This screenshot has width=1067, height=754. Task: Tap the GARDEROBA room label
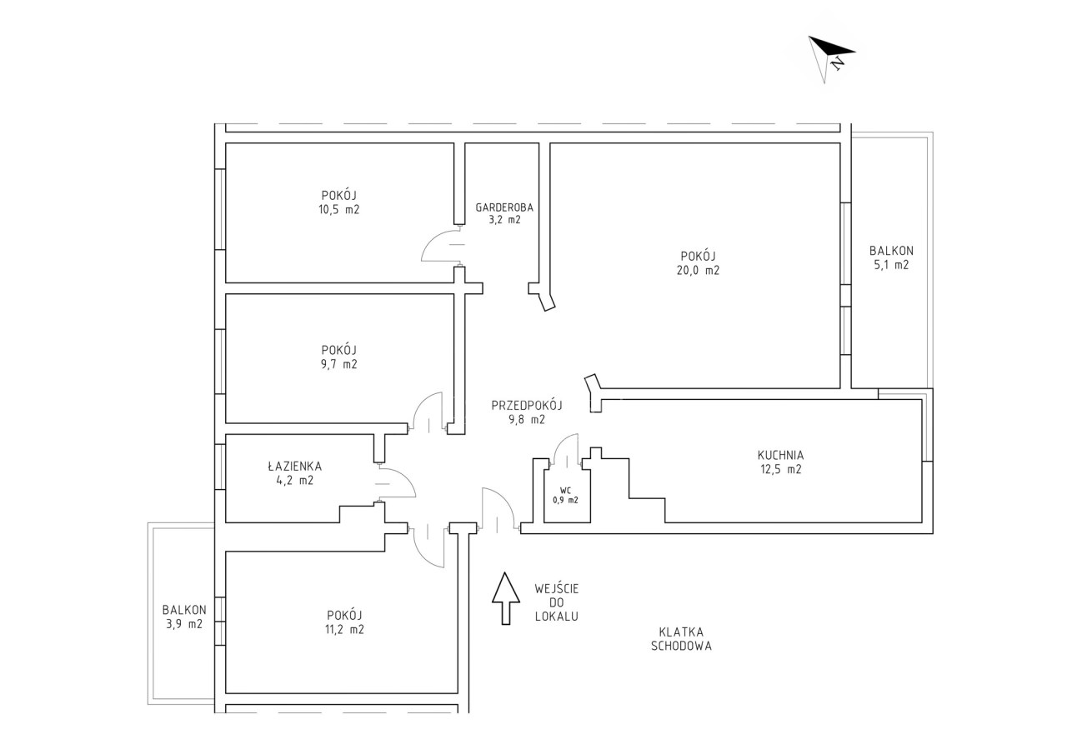504,207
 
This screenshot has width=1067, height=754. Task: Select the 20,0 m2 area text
698,271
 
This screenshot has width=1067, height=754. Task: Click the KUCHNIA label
780,455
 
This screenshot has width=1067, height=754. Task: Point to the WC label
565,490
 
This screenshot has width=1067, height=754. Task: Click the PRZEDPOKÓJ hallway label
527,405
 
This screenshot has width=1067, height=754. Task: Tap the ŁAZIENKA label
294,466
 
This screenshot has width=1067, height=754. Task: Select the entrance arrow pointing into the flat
505,598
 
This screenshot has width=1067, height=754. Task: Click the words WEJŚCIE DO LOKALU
556,602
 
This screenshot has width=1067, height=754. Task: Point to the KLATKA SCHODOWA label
681,639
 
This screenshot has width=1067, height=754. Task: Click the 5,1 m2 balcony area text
891,265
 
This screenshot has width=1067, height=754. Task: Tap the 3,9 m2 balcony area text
184,623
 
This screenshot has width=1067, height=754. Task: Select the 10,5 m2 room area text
338,209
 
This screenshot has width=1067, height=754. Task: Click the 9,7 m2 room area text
338,364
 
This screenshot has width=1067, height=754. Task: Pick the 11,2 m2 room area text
344,629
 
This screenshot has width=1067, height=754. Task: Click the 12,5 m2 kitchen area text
781,469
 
